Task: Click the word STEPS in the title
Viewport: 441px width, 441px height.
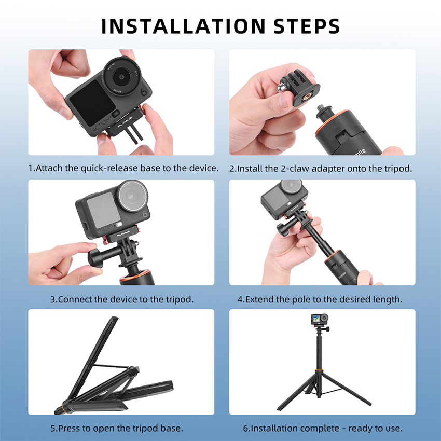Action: pos(307,26)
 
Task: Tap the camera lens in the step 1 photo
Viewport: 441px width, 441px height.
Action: pos(121,76)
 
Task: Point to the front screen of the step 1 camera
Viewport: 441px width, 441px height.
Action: pos(92,103)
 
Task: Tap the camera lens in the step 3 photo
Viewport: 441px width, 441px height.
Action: pos(132,195)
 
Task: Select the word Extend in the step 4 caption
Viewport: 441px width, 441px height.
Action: pos(259,299)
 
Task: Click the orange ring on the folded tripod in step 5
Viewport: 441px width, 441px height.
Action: pos(64,407)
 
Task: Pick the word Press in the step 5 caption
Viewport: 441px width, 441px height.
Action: pos(69,429)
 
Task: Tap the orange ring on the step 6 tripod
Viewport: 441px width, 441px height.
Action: pos(319,370)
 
